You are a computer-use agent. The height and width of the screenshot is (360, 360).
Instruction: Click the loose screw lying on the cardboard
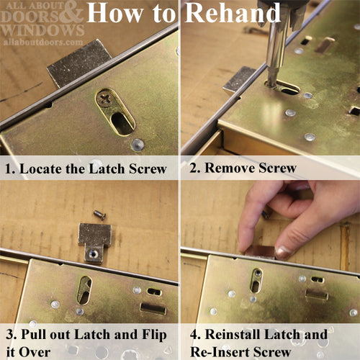[x=99, y=214]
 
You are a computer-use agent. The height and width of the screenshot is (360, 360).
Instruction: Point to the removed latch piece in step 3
[x=94, y=241]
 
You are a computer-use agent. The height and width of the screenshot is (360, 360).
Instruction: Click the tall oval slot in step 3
[x=84, y=289]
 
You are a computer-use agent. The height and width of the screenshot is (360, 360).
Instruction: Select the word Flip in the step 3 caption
[x=155, y=335]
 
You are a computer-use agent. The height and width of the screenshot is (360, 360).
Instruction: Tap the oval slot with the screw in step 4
[x=256, y=280]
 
